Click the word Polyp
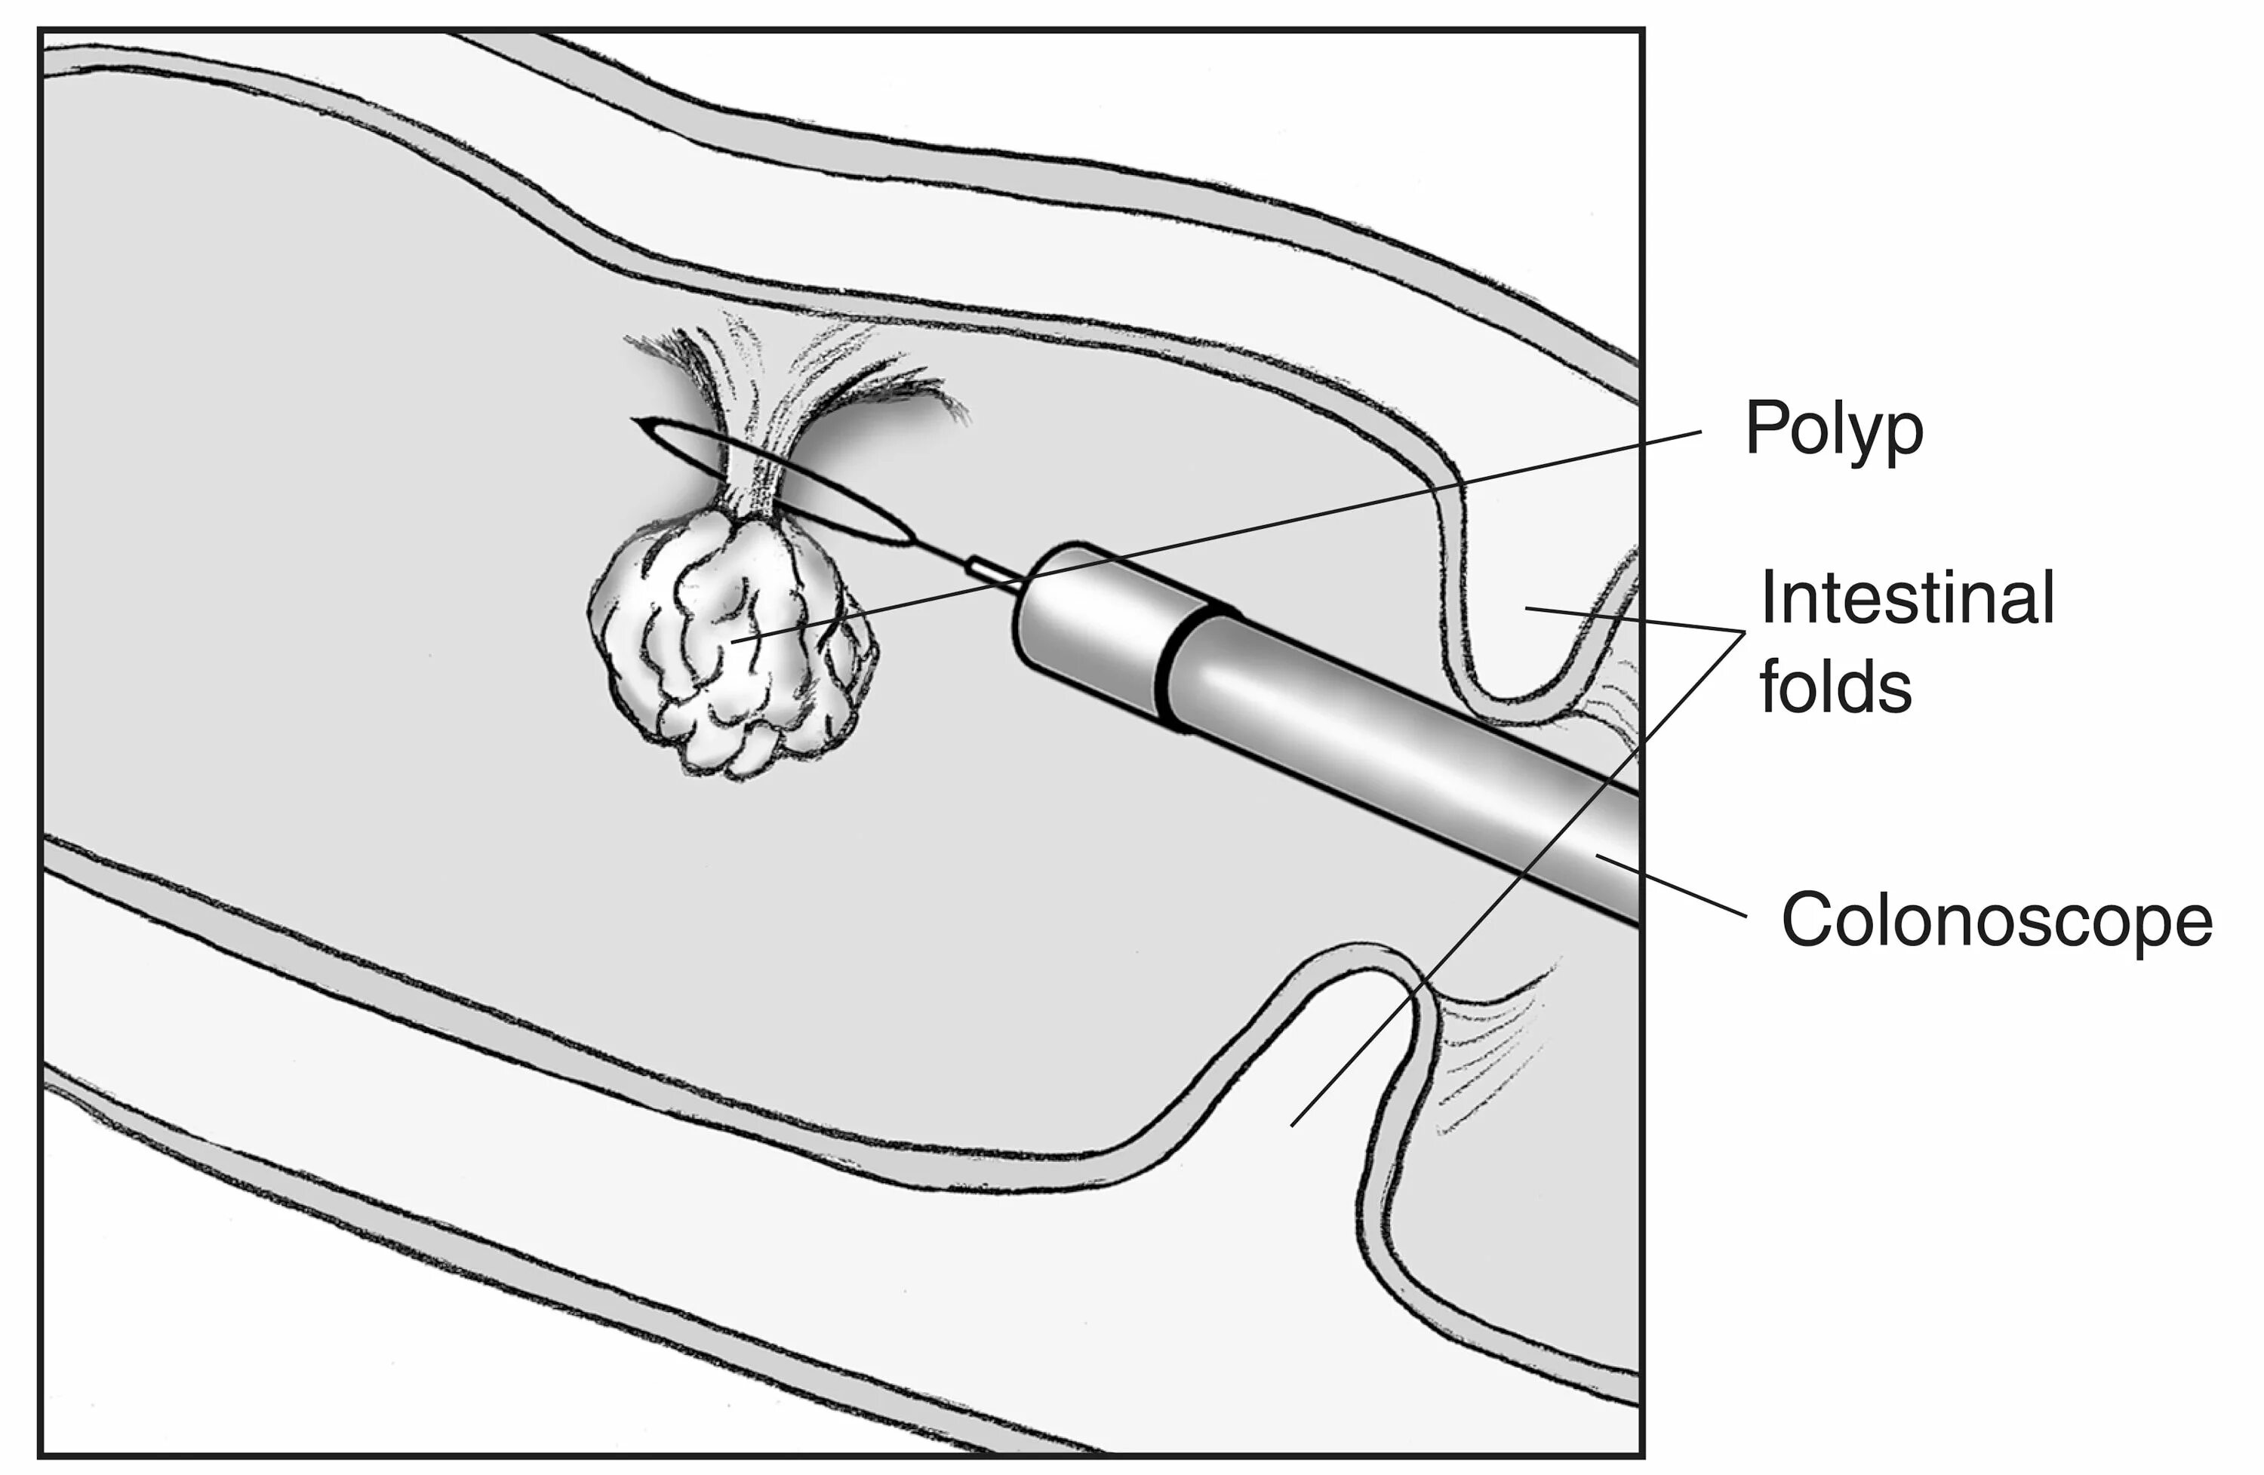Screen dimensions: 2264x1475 pyautogui.click(x=1833, y=431)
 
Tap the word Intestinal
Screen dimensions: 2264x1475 pyautogui.click(x=1906, y=598)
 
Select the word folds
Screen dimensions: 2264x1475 pyautogui.click(x=1835, y=687)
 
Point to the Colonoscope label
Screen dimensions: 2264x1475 pyautogui.click(x=1997, y=920)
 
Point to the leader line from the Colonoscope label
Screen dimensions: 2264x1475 pyautogui.click(x=1674, y=887)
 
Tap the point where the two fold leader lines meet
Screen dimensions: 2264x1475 pyautogui.click(x=1744, y=632)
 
